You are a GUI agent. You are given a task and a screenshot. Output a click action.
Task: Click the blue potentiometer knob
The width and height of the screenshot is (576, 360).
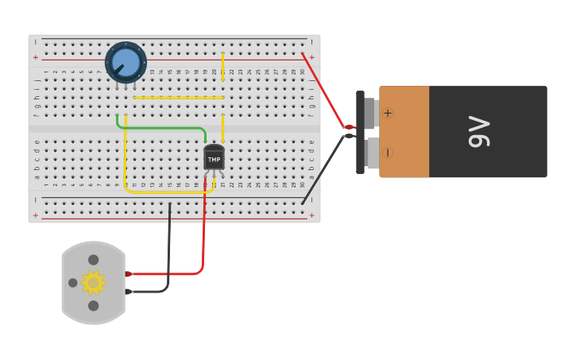coord(126,62)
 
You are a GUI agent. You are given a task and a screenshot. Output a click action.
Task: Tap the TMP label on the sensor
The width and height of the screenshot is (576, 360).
coord(214,160)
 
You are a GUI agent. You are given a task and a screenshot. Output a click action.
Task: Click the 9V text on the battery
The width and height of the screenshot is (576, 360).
coord(478,132)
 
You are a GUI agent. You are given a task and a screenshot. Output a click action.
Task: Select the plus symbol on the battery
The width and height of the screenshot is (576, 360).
coord(388,113)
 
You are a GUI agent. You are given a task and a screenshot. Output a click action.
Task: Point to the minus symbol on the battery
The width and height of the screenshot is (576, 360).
coord(388,153)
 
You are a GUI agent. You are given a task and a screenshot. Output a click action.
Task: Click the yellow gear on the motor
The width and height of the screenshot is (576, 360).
coord(93,282)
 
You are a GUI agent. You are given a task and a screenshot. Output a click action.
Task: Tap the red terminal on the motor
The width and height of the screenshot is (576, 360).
coord(128,273)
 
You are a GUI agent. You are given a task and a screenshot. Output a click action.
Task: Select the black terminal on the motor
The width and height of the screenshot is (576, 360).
coord(128,292)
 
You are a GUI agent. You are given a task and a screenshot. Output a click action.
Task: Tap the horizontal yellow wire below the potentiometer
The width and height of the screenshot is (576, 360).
coord(179,98)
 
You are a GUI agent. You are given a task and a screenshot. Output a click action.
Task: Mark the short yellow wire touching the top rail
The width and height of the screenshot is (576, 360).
coord(222,66)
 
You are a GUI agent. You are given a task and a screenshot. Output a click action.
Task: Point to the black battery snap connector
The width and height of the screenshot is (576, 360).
coord(361,132)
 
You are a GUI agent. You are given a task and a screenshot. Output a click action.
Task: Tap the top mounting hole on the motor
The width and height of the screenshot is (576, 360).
coord(93,260)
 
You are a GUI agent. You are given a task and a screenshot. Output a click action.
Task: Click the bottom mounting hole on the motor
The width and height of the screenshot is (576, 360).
coord(93,305)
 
